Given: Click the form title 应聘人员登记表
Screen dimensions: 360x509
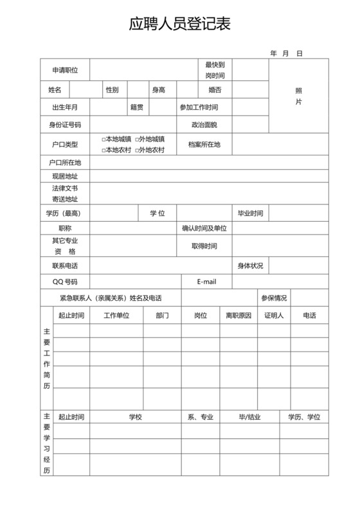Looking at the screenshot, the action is [x=179, y=24].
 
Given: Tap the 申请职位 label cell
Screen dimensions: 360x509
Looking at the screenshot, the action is [x=65, y=70].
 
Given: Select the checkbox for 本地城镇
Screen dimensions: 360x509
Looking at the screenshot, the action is [x=104, y=139].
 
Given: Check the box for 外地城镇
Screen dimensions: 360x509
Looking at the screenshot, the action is [x=137, y=139].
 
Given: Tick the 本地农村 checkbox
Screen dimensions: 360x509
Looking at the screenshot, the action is [x=104, y=150].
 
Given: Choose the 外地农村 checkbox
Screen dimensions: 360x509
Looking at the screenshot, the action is [x=137, y=150].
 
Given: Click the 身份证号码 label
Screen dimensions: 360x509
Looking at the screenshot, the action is [x=65, y=125].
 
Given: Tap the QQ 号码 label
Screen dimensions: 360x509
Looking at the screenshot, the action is [x=65, y=281].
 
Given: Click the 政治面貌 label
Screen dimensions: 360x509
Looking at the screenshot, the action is [x=204, y=125].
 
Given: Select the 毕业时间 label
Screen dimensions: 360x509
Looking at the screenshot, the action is [x=250, y=213].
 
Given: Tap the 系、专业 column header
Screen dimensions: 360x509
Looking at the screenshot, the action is [x=200, y=417].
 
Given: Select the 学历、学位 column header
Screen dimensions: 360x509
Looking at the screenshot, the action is [x=304, y=417].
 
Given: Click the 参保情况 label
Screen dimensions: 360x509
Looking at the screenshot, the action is [x=274, y=298].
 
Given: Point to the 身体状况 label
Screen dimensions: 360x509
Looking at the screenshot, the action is [x=250, y=265].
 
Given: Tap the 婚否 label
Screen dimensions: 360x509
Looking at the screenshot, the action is [x=215, y=90].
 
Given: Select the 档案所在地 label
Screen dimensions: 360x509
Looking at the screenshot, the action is [x=204, y=145].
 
